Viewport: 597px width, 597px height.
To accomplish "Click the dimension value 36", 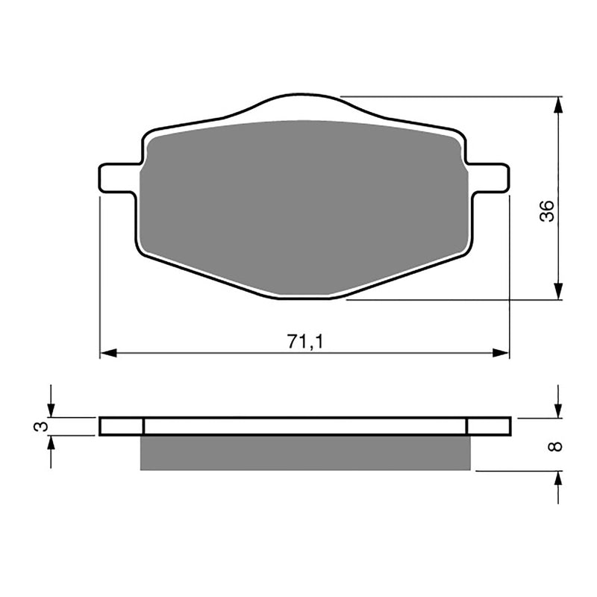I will (548, 211).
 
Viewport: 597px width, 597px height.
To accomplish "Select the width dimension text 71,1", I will (305, 341).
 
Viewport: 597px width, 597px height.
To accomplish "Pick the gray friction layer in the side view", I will (306, 453).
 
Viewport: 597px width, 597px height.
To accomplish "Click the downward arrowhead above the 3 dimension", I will (51, 410).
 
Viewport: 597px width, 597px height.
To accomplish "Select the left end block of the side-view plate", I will (121, 426).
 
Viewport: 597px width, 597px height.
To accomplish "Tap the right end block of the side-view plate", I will (489, 426).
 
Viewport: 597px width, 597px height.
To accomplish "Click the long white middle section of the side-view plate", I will (306, 426).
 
